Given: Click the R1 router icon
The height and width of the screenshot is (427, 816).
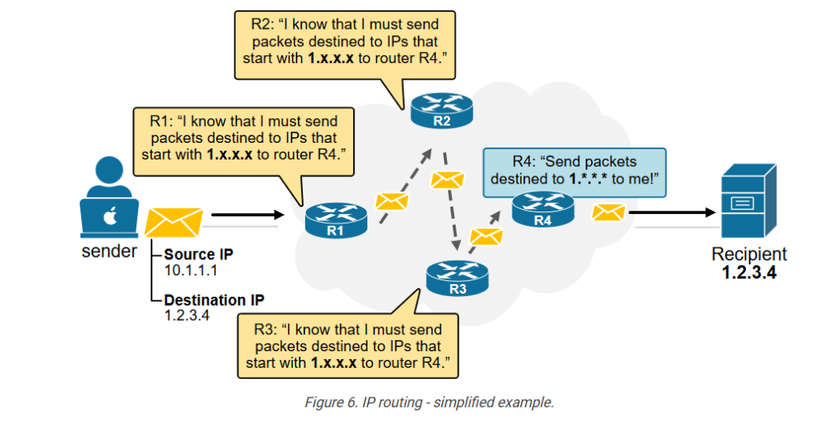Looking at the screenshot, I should [x=336, y=219].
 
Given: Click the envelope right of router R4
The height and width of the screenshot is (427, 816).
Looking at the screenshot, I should [x=609, y=212].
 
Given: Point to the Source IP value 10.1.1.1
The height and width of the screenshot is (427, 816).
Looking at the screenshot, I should [x=190, y=271].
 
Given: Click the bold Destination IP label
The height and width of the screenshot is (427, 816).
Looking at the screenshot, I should [x=214, y=300].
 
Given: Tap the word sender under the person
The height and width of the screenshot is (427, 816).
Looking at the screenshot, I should [x=108, y=253].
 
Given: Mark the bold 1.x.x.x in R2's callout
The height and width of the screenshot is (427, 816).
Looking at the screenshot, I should [x=335, y=59].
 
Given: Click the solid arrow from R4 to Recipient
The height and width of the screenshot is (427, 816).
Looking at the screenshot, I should [x=673, y=212].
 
